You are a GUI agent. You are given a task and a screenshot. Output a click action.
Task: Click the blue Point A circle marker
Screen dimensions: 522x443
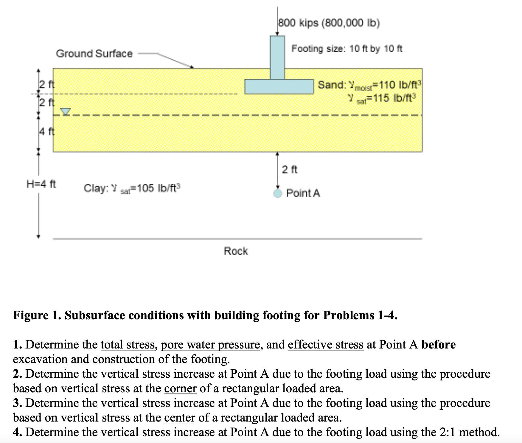coord(278,193)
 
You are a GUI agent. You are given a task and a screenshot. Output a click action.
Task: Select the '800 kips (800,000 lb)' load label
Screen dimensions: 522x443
coord(329,23)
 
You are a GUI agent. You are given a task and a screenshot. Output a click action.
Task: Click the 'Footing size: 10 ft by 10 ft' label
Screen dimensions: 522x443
coord(347,48)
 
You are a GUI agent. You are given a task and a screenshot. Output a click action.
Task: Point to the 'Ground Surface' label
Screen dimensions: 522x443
coord(94,54)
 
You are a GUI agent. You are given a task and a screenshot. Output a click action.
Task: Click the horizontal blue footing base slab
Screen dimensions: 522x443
coord(279,86)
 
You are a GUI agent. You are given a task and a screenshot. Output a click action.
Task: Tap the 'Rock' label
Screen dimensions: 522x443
coord(236,251)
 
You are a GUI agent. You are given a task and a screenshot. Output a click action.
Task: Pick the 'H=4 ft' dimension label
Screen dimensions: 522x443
coord(41,184)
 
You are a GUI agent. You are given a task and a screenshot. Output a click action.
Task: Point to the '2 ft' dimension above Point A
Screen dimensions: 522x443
coord(290,170)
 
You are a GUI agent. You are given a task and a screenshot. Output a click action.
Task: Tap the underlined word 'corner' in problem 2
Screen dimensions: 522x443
coord(180,388)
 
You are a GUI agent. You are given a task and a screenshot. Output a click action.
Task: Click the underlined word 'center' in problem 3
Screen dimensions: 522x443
coord(179,418)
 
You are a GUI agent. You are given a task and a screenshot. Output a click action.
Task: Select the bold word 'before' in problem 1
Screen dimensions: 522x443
coord(438,345)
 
